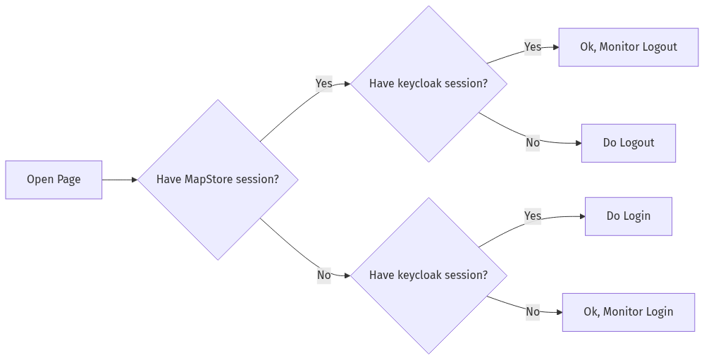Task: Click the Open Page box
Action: [54, 180]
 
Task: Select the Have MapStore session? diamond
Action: [218, 180]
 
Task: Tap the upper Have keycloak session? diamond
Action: [428, 84]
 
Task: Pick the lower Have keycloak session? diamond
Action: [428, 275]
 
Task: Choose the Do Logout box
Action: [628, 143]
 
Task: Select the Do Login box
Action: [628, 216]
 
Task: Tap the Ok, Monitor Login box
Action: [628, 312]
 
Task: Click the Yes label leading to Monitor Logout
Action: [533, 47]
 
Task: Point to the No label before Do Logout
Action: [533, 143]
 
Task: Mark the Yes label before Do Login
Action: [533, 216]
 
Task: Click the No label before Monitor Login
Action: [533, 312]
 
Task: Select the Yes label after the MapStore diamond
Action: [323, 84]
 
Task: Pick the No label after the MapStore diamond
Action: [323, 275]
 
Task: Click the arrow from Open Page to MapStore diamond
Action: [120, 180]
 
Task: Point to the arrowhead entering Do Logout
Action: [578, 143]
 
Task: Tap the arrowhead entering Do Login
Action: [582, 216]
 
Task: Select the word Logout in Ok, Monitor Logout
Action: [660, 47]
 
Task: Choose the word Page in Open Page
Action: [69, 180]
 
